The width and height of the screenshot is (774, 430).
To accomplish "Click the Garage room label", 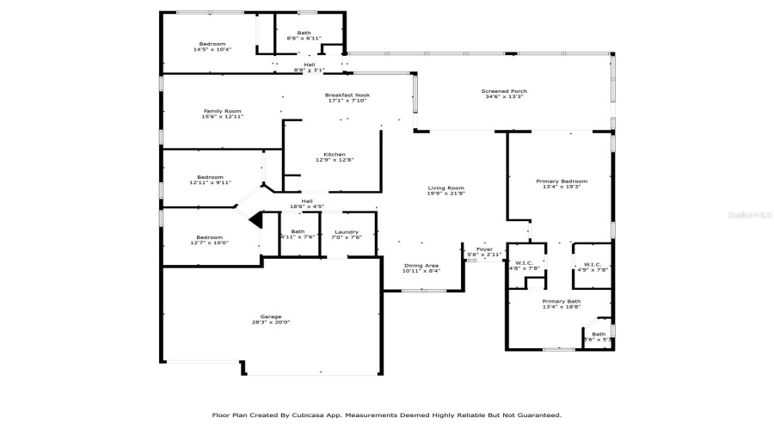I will coord(271,316).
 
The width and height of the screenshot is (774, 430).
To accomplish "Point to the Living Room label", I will coord(446,188).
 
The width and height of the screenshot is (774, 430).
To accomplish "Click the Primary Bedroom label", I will coord(561,181).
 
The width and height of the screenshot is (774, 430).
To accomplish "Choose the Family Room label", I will coord(222,111).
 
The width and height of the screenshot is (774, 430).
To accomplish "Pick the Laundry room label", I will coord(347,231).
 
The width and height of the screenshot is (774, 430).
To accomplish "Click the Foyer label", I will coord(485,249).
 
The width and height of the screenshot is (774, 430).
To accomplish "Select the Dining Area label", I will coord(421,266).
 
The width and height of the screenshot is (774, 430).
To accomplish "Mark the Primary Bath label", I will coord(561,301).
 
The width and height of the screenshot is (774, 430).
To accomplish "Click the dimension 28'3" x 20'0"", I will coord(271,323).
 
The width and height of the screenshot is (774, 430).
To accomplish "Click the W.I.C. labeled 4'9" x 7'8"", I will coord(592,265).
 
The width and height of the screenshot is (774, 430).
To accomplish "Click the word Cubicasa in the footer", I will coord(314,415).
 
